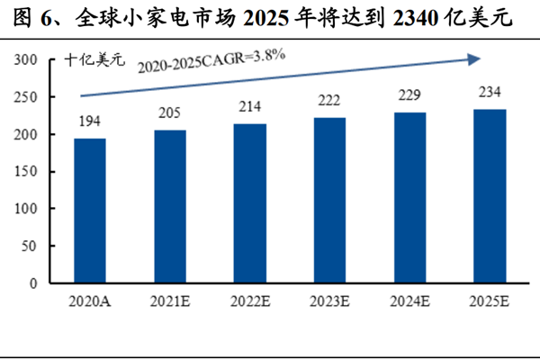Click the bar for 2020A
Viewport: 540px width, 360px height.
tap(89, 211)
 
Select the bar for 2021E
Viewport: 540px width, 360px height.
tap(170, 206)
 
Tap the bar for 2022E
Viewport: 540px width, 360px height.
tap(251, 202)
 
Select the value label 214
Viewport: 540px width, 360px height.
tap(251, 107)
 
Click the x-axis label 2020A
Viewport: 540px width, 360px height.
tap(89, 301)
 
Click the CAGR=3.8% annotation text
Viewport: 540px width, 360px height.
tap(211, 62)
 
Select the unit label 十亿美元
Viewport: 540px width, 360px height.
tap(94, 62)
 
